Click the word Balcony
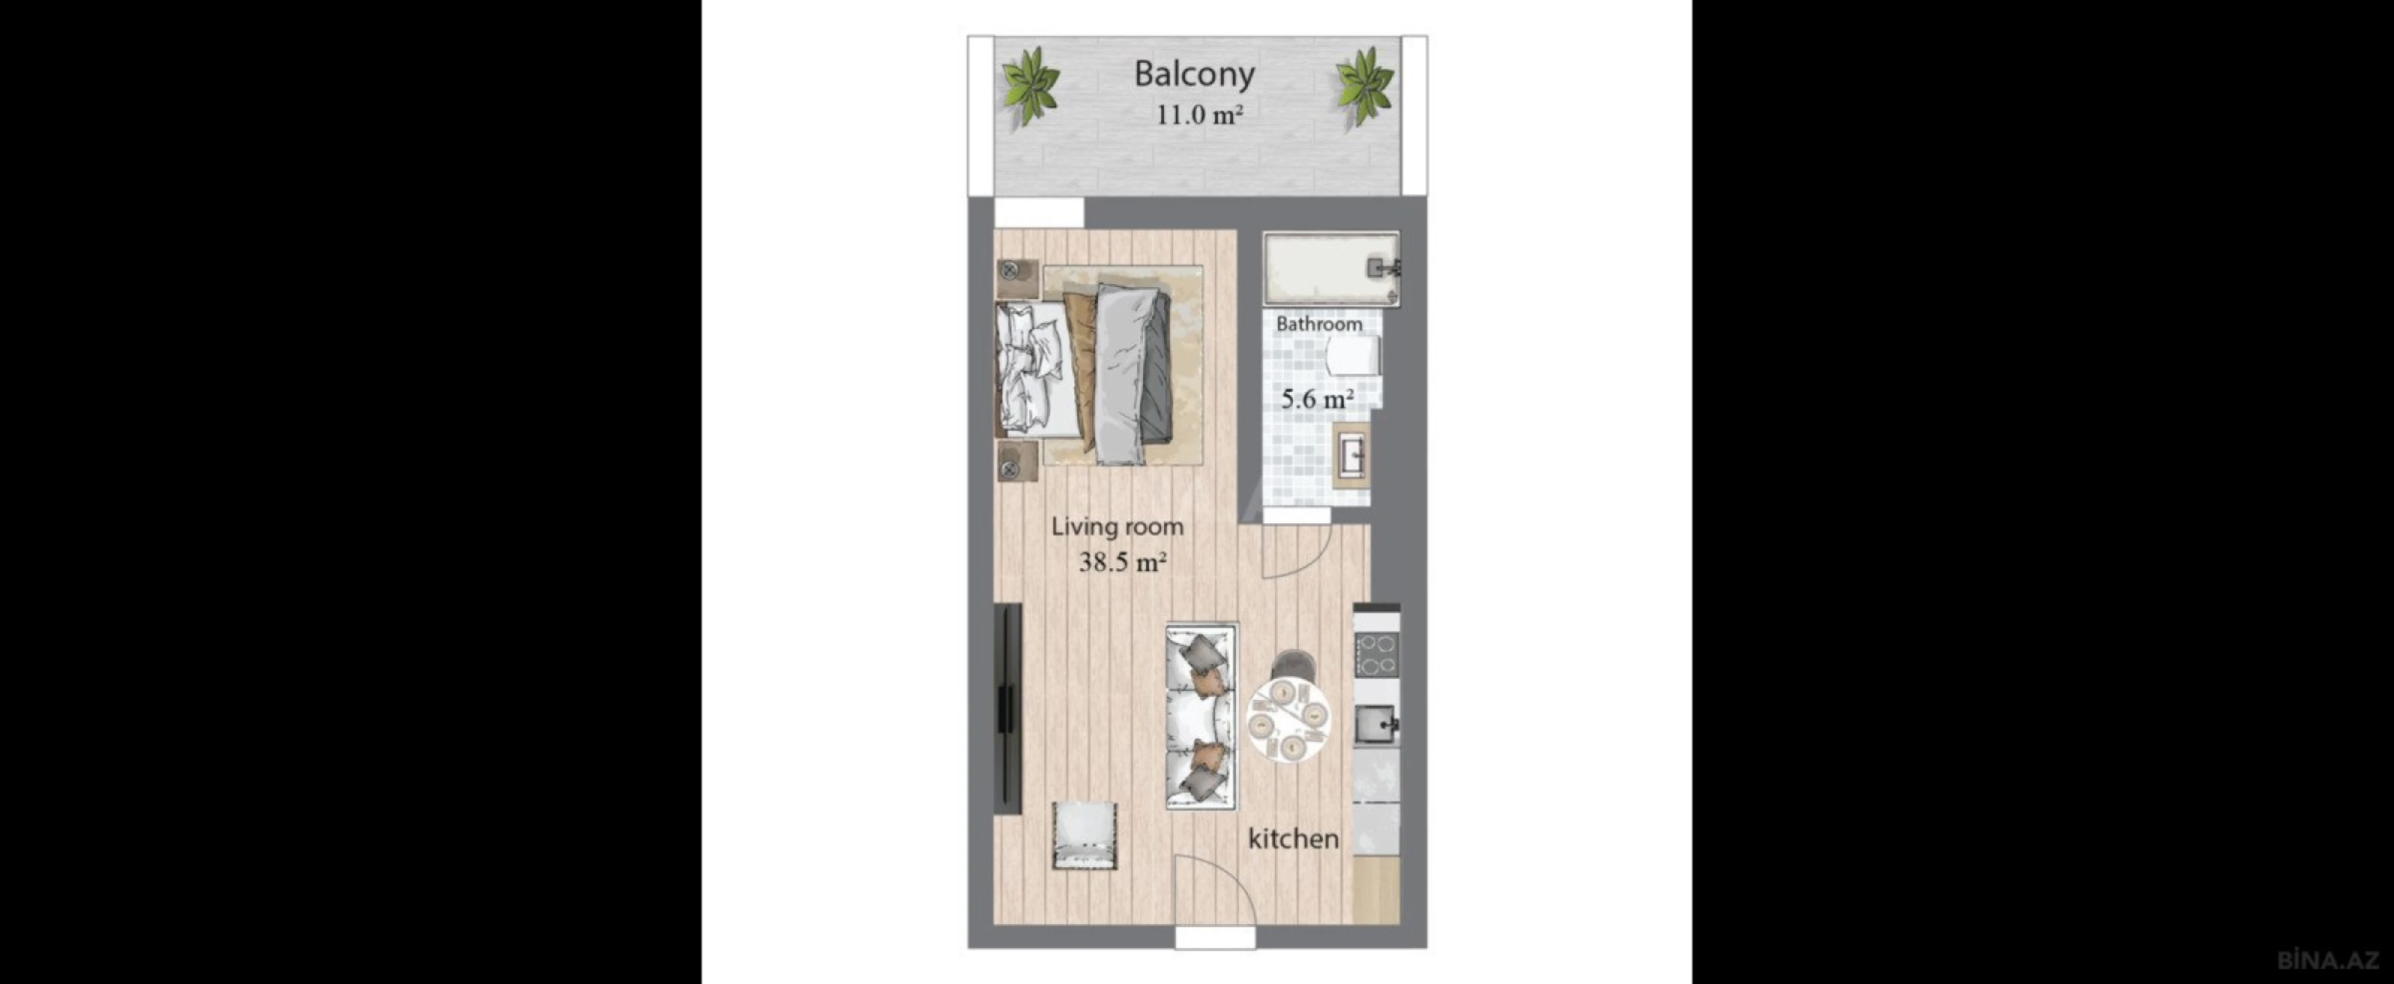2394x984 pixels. coord(1194,73)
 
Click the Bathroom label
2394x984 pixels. coord(1319,324)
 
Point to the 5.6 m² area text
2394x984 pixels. coord(1317,400)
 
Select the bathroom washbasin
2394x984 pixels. coord(1352,455)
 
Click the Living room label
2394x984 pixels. coord(1117,527)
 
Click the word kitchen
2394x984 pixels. coord(1293,839)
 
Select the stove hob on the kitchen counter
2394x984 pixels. coord(1376,653)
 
